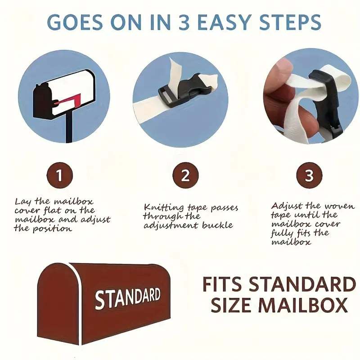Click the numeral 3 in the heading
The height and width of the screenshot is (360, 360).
(185, 22)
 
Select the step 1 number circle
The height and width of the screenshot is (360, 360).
(60, 175)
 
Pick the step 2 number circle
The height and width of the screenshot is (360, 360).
(185, 175)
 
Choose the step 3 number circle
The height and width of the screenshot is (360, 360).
(309, 175)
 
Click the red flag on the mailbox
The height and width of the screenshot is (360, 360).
(69, 100)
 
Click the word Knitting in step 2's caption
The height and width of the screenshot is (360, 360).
(164, 207)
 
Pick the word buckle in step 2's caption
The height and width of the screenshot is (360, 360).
(217, 225)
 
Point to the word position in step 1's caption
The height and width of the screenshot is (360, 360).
(52, 229)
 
